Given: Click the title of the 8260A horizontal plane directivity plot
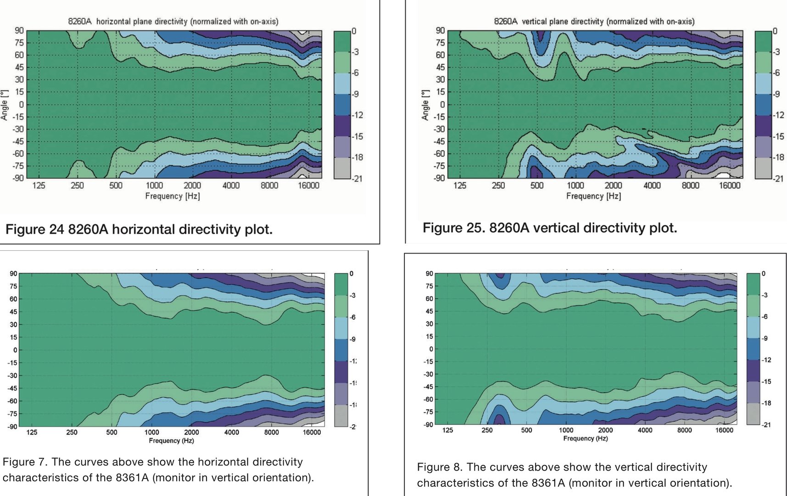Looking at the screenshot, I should click(173, 21).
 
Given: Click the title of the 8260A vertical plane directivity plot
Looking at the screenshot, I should click(594, 21).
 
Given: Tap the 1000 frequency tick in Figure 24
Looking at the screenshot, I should click(154, 185).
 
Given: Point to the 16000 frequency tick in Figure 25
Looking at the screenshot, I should click(729, 185).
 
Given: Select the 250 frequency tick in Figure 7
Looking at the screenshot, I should click(72, 432).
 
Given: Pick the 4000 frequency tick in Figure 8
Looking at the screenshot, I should click(645, 430).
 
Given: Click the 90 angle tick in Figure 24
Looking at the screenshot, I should click(19, 31).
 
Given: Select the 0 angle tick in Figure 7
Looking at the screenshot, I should click(15, 350).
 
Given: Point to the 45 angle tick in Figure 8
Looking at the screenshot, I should click(429, 311).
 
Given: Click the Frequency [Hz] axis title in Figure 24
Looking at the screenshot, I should click(173, 196).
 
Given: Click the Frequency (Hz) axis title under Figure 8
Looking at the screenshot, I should click(586, 439).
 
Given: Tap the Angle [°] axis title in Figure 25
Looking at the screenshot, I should click(425, 105).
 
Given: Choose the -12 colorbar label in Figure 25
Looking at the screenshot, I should click(779, 115).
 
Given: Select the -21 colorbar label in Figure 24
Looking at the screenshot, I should click(357, 179).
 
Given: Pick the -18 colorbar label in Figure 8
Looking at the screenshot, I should click(766, 403).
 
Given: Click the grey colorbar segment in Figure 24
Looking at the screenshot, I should click(342, 168).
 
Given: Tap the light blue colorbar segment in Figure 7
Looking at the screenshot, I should click(341, 328).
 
